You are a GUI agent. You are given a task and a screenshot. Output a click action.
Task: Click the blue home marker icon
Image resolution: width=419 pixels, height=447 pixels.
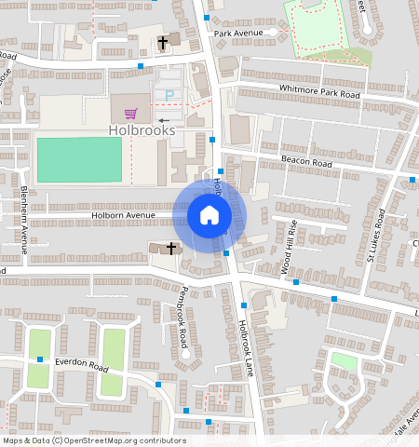click(209, 216)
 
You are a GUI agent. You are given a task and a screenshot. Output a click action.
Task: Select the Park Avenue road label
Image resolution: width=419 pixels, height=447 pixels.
click(238, 34)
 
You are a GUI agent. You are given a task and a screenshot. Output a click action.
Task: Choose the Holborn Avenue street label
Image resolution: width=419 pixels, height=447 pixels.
click(122, 215)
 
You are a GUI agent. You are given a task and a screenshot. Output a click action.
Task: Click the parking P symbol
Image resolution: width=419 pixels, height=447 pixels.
click(169, 95)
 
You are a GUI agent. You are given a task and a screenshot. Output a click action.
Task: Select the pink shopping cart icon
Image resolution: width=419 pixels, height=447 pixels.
click(130, 112)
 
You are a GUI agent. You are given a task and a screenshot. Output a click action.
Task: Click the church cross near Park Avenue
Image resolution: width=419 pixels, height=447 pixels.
click(162, 42)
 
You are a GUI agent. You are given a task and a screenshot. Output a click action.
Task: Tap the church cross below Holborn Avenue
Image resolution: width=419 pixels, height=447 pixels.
click(170, 249)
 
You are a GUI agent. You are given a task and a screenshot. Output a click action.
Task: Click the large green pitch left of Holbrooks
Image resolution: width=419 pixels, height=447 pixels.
click(79, 159)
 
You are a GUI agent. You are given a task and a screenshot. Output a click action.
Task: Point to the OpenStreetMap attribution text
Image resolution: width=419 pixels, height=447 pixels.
click(93, 440)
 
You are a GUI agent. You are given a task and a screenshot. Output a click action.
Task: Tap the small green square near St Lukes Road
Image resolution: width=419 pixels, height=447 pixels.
click(344, 361)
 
